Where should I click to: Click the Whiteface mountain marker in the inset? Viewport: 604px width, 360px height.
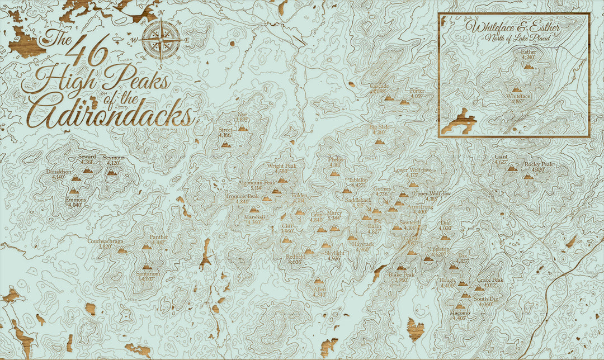pos(517,89)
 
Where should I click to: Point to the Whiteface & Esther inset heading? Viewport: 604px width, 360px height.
pos(513,27)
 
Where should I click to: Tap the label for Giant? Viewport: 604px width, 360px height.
pos(501,157)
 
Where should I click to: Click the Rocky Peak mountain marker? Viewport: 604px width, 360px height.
pos(528,176)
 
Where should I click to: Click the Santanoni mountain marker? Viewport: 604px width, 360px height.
pos(148,267)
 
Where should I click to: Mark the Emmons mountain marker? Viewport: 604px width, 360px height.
pos(74,191)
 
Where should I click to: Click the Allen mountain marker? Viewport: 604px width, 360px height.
pos(319,281)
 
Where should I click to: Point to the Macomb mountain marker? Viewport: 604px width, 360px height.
pos(460,306)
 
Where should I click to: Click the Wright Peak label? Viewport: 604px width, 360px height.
pos(277,166)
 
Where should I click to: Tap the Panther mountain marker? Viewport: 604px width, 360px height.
pos(147,247)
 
